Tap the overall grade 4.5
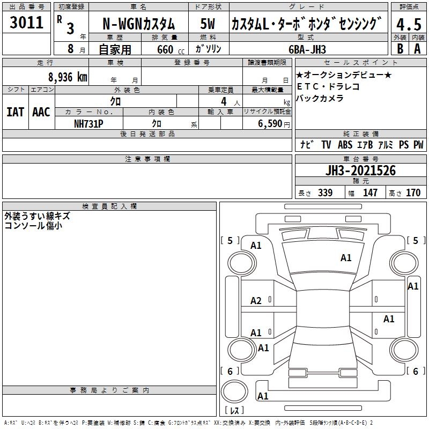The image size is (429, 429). pos(408,24)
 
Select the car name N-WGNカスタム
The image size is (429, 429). pos(138,24)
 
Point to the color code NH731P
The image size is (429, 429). pos(88,123)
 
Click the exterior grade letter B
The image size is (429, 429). pos(400,49)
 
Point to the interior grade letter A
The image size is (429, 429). pos(417,49)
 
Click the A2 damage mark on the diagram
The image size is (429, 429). pos(256,301)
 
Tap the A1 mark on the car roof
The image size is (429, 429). pos(346,258)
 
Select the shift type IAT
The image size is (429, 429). pos(15,112)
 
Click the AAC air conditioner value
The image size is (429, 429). pos(41,112)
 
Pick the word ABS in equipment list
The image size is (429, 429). pos(345,145)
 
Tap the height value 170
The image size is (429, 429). pos(413,193)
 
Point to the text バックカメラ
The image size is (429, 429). pos(320,98)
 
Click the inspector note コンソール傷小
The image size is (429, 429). pos(33,226)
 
